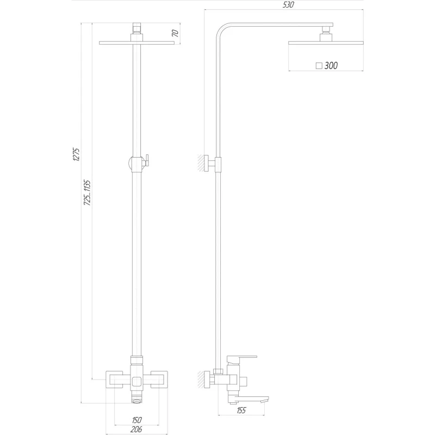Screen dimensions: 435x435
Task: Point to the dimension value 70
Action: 175,33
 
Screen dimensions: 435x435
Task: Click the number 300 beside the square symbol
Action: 330,66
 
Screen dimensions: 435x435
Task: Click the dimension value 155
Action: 241,411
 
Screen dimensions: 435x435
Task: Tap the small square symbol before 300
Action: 319,66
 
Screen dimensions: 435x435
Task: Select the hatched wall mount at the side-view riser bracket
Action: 204,163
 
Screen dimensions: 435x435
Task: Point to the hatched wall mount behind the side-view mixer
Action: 204,380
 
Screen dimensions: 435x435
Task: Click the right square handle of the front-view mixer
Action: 158,379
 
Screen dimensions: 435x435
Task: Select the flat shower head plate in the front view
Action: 136,43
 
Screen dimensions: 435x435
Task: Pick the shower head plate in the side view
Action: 325,44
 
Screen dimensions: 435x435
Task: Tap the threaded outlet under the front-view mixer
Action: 136,398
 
